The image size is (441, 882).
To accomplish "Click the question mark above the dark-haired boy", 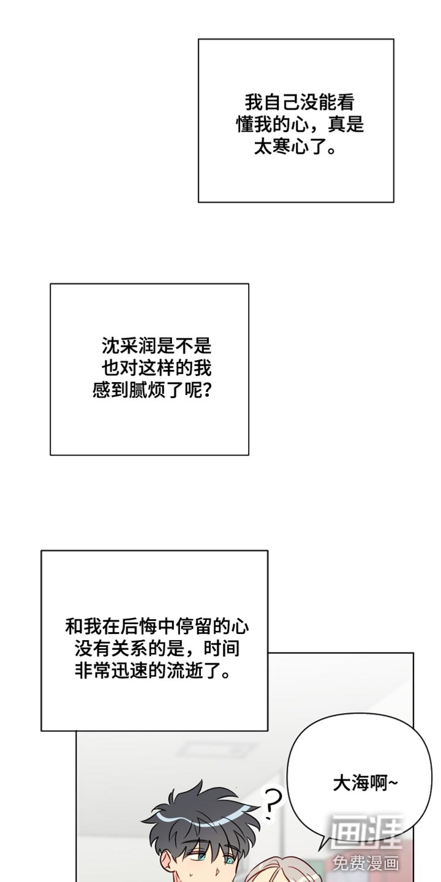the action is (x=273, y=802).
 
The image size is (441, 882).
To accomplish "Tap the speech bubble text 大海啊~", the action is (x=366, y=783).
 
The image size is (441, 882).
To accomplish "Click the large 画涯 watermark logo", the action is (x=366, y=830).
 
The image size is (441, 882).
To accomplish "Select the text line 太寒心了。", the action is (x=295, y=147).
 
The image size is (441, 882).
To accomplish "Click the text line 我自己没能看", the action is (x=300, y=102).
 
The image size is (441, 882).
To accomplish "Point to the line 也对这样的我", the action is (x=157, y=368).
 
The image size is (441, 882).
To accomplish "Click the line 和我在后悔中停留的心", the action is (x=157, y=627).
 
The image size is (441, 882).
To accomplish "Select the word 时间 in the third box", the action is (x=222, y=649).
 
